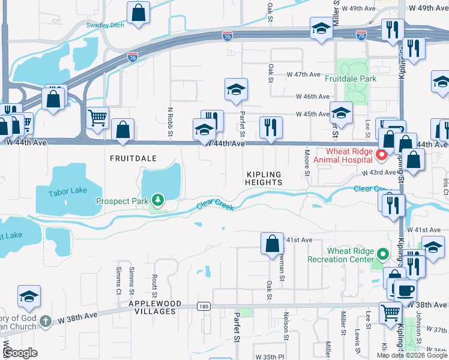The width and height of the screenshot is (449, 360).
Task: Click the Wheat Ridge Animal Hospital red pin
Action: [381, 155]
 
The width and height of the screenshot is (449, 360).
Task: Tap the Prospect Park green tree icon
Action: [157, 199]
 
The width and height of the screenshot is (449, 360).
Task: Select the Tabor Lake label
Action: [67, 191]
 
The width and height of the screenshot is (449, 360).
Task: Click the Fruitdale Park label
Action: [351, 79]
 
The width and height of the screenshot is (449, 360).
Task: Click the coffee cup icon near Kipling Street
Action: [405, 290]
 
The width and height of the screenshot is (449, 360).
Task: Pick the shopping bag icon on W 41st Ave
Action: [272, 243]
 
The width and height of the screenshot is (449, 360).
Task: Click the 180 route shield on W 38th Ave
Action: [203, 307]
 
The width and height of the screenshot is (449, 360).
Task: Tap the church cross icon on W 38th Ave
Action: [45, 321]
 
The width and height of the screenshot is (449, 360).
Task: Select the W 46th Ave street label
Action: [313, 97]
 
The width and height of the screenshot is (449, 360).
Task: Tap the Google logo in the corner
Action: [20, 353]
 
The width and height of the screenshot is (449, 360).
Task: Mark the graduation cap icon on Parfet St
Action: [236, 90]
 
